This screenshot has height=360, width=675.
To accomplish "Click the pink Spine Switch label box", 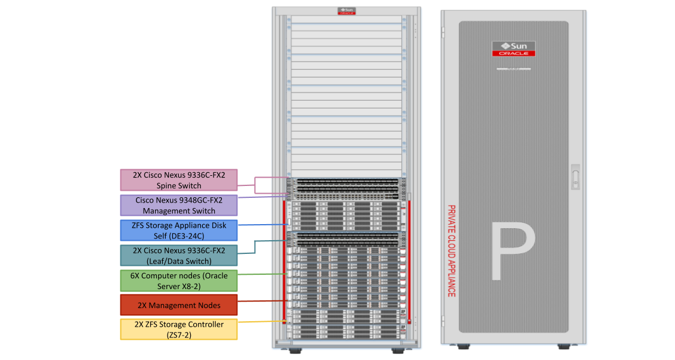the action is [179, 180].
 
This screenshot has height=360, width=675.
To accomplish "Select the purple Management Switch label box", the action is [179, 206].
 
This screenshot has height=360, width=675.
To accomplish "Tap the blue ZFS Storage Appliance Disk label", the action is [179, 231].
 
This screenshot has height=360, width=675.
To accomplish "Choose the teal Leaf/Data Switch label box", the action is [179, 256].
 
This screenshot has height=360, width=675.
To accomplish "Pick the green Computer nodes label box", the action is [179, 281].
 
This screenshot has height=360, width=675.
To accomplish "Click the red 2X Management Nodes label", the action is [179, 305].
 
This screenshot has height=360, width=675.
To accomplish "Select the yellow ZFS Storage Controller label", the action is [179, 330].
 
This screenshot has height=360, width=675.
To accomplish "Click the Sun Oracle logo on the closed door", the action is [513, 49].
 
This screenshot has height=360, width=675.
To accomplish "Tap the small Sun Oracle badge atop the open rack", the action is [346, 11].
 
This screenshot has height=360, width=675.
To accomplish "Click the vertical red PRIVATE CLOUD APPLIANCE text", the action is [451, 251].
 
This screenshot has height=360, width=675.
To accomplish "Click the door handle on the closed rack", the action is [575, 177].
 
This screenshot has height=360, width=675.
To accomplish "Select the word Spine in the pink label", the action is [166, 186].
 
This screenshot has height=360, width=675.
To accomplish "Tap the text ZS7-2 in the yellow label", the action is [179, 335].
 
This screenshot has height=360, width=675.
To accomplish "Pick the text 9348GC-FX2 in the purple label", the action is [199, 200].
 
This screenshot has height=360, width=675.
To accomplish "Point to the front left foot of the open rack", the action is [295, 350].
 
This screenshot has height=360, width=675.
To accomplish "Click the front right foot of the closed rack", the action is [564, 346].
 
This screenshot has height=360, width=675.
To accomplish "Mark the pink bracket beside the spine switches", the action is [255, 185].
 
